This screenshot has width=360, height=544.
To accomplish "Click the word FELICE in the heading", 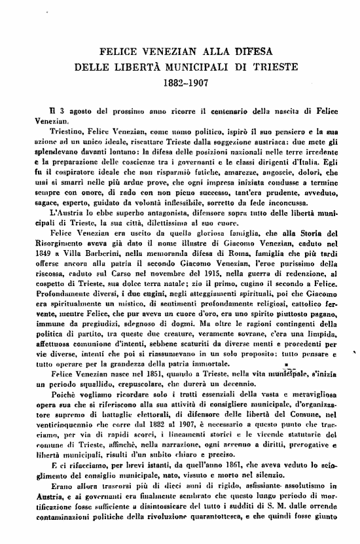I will tap(116, 52).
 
